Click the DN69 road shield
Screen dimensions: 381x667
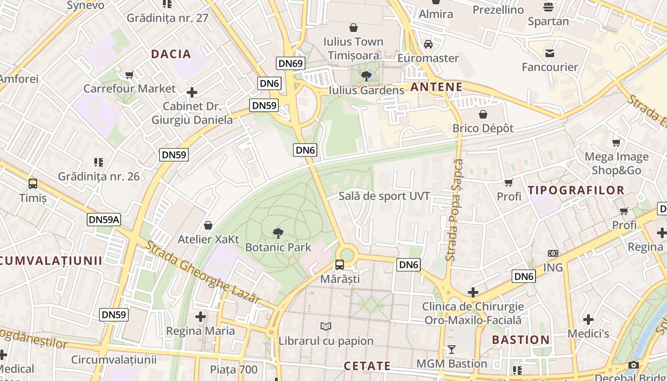(x=290, y=63)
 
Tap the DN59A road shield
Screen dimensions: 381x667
(x=104, y=220)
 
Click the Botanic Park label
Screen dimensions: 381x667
(x=278, y=247)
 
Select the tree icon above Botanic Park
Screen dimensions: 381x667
(x=278, y=233)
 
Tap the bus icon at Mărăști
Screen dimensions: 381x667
(x=340, y=265)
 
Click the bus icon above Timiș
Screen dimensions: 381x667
(x=33, y=184)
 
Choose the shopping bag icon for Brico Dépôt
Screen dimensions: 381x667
(x=483, y=114)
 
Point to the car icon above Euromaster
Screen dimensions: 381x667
(x=428, y=44)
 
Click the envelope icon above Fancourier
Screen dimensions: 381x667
(x=550, y=53)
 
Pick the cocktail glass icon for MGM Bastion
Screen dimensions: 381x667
(x=452, y=350)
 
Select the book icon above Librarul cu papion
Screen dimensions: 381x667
(x=326, y=326)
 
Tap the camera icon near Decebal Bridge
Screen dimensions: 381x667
(x=634, y=365)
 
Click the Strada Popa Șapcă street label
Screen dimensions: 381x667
(x=455, y=210)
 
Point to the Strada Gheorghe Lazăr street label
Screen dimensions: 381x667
(x=202, y=272)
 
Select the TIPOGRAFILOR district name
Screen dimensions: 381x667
(x=576, y=190)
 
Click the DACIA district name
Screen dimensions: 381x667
(x=171, y=54)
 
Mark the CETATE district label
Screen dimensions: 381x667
(x=367, y=366)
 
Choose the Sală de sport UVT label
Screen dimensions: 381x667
(x=384, y=196)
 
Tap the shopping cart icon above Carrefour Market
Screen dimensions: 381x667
(x=129, y=75)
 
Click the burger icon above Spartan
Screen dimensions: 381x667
(x=548, y=7)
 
